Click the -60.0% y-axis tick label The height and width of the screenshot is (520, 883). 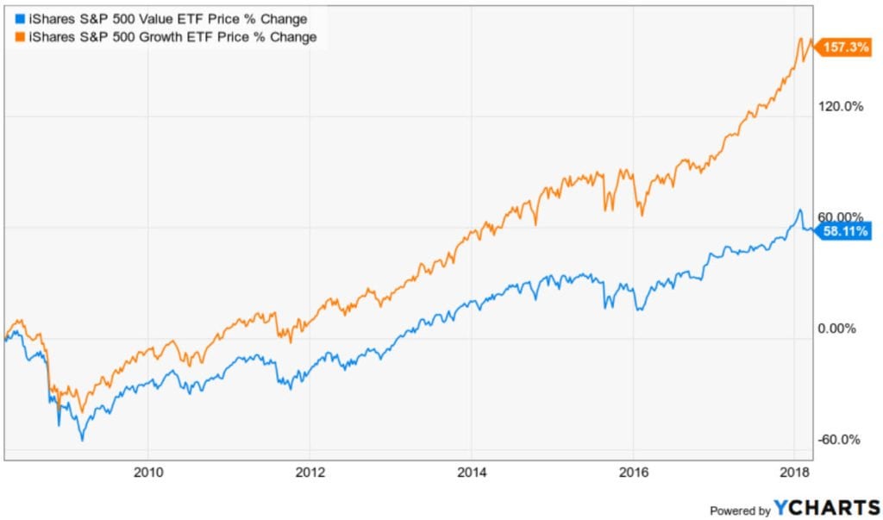839,440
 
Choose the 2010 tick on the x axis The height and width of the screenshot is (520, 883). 147,472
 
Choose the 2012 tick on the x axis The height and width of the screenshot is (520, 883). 310,472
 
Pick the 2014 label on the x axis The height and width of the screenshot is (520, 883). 471,472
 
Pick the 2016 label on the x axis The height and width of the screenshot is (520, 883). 633,472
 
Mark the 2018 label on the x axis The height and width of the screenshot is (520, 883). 794,472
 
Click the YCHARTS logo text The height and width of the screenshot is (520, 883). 826,509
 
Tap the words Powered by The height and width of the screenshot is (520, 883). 740,511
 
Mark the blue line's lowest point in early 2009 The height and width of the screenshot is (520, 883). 82,440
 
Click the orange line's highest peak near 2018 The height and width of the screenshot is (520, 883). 801,38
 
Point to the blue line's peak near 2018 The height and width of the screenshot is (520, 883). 800,210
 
